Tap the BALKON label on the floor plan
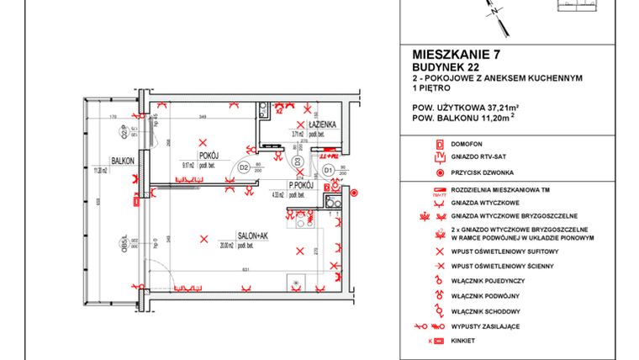124,161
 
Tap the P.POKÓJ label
301,185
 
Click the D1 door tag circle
329,170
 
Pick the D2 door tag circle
244,167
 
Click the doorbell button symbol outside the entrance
354,193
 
